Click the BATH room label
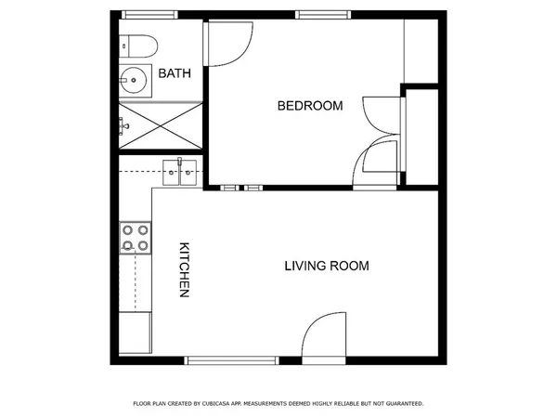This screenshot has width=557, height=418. tap(175, 72)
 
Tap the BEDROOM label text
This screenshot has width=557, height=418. tap(310, 106)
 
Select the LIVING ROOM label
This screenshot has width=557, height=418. tap(326, 266)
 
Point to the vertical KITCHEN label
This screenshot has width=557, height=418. tap(184, 270)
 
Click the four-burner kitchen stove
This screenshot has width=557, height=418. tap(135, 238)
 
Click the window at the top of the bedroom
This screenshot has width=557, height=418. tap(324, 15)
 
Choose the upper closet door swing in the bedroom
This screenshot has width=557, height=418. tap(382, 116)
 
